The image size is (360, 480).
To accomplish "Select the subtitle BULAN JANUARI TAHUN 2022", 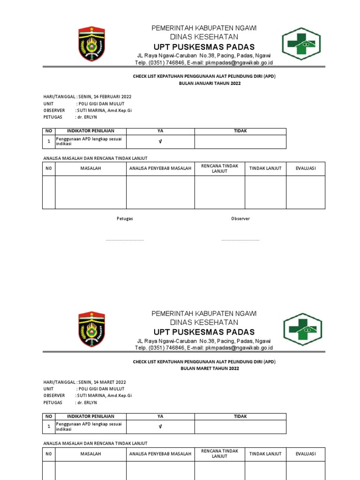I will click(210, 83).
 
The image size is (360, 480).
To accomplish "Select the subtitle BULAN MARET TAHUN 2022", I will click(210, 368).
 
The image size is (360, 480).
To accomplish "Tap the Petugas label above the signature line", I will click(125, 219).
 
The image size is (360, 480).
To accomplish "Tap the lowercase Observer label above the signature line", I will click(240, 219).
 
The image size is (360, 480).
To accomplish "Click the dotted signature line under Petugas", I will click(125, 240).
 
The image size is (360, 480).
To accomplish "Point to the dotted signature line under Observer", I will click(240, 240).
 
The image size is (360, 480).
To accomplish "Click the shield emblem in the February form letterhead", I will click(92, 44).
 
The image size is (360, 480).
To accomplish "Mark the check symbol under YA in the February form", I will click(160, 142).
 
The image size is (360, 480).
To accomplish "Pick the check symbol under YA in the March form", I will click(160, 427).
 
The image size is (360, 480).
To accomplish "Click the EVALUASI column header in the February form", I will click(306, 168).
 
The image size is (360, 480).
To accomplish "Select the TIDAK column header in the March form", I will click(240, 416).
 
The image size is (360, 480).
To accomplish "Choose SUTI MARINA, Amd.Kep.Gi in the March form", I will click(105, 396).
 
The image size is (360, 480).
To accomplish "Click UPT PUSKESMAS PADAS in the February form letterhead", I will click(203, 47).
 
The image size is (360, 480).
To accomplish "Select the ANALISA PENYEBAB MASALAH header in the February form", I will click(160, 168).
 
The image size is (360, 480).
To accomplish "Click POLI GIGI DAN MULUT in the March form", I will click(101, 389).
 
